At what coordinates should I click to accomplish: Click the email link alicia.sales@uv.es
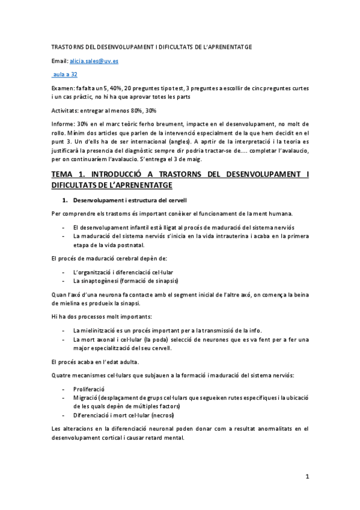pyautogui.click(x=94, y=61)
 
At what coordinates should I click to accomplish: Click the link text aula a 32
pyautogui.click(x=65, y=74)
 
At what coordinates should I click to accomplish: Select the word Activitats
pyautogui.click(x=63, y=110)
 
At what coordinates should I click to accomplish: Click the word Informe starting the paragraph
pyautogui.click(x=61, y=124)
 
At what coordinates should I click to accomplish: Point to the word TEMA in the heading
pyautogui.click(x=63, y=174)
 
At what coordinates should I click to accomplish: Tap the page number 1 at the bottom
pyautogui.click(x=307, y=477)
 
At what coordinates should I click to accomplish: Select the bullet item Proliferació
pyautogui.click(x=88, y=389)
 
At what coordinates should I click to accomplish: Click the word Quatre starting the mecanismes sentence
pyautogui.click(x=60, y=375)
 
